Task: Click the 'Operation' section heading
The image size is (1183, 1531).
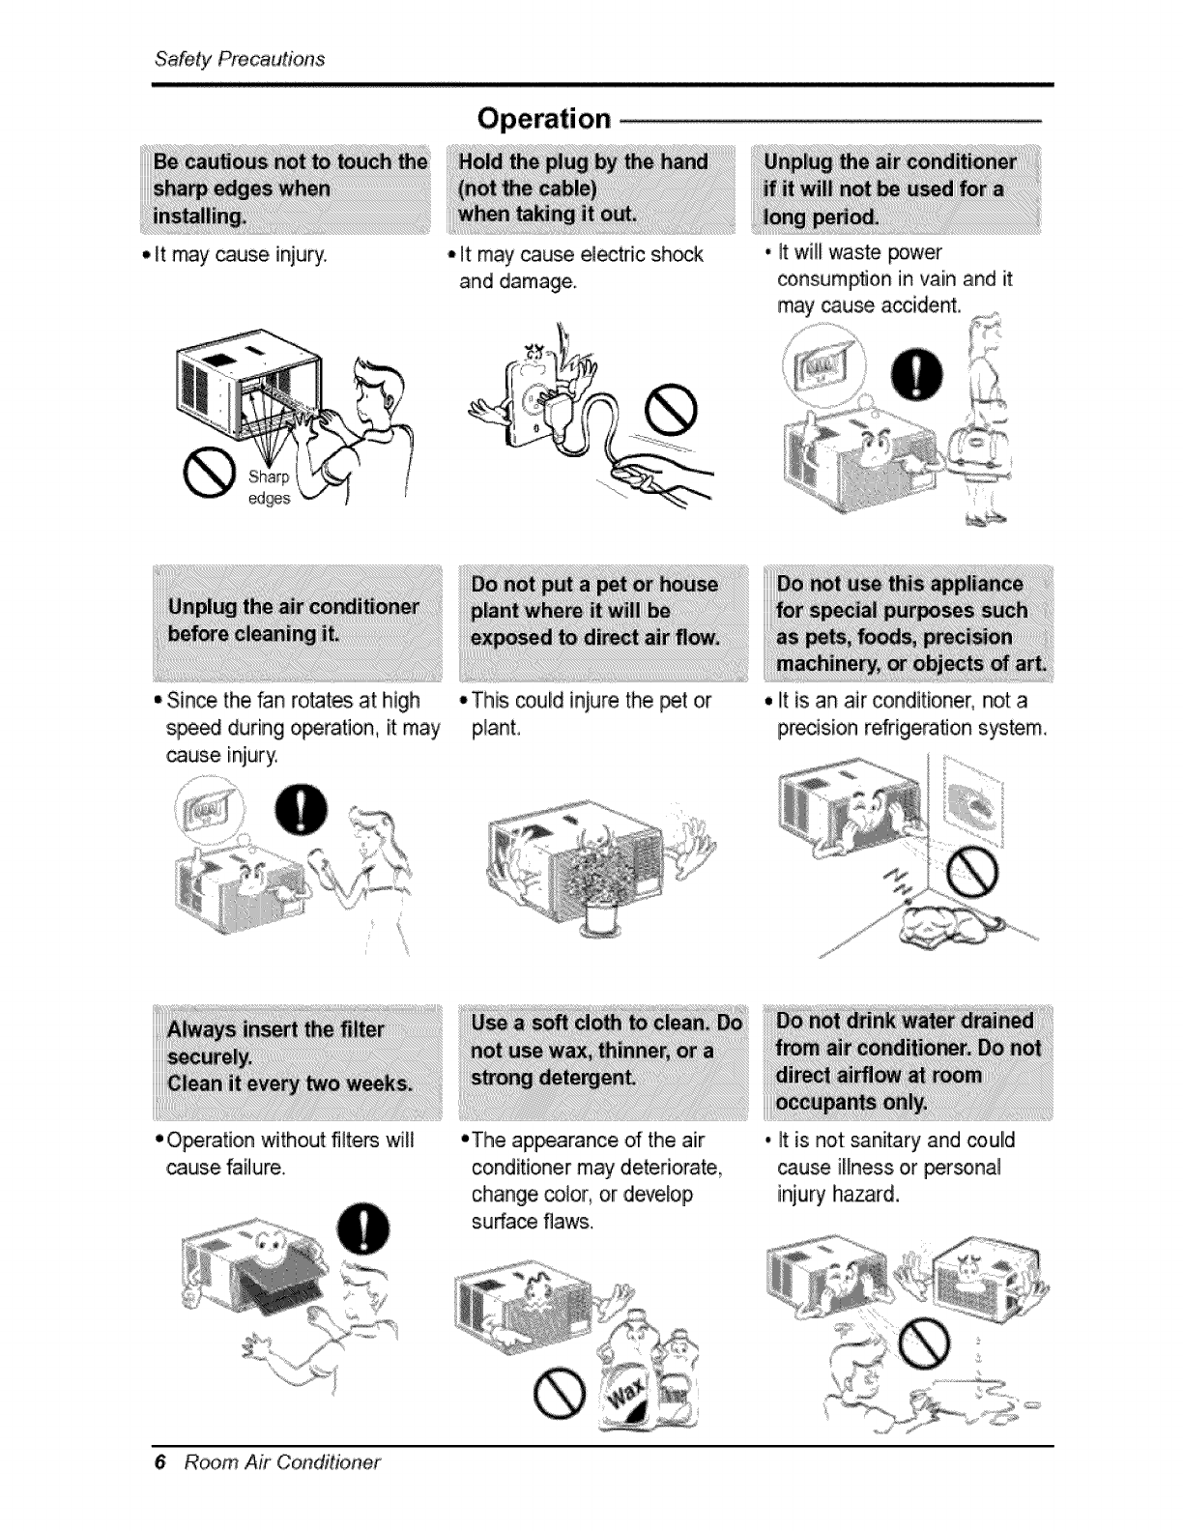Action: (x=545, y=118)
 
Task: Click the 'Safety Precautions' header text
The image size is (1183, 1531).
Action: (x=240, y=58)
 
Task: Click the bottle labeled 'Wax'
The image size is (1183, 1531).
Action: (x=630, y=1382)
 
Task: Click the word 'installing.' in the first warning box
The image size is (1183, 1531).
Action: (x=198, y=215)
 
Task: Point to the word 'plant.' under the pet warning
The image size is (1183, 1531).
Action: (x=496, y=727)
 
